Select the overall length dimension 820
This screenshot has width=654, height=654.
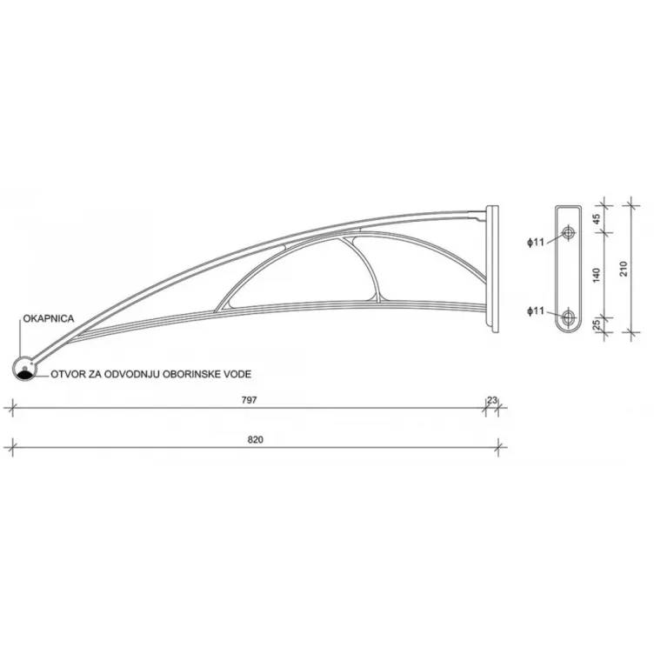[x=255, y=440]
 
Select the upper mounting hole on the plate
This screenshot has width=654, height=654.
[x=569, y=232]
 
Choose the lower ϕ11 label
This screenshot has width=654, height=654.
[x=535, y=310]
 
